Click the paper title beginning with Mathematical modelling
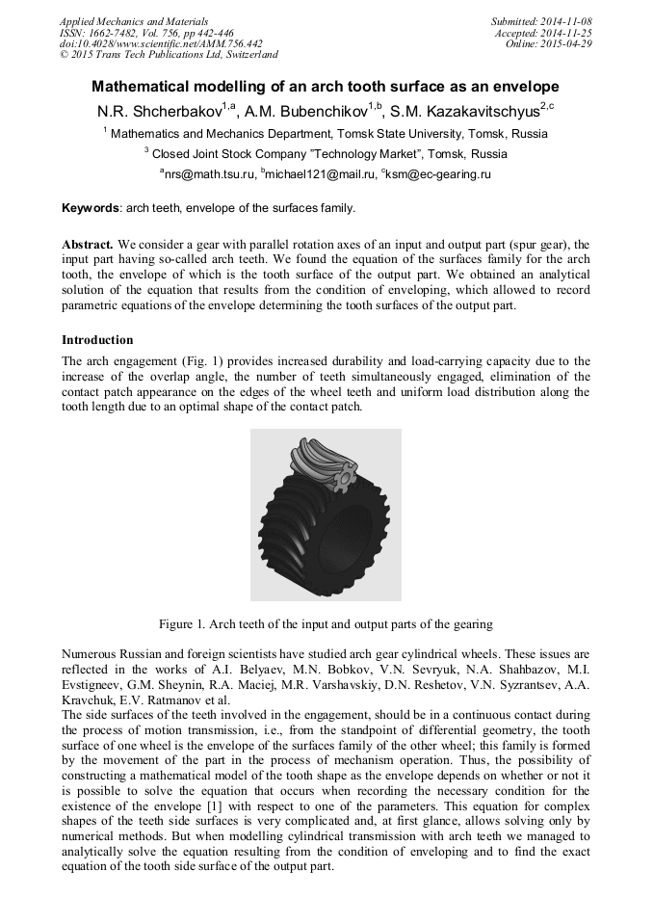326,86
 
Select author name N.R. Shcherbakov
159,111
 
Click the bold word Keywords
90,207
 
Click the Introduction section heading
97,340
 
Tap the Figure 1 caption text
326,623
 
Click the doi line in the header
161,44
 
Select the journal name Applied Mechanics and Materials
134,21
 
